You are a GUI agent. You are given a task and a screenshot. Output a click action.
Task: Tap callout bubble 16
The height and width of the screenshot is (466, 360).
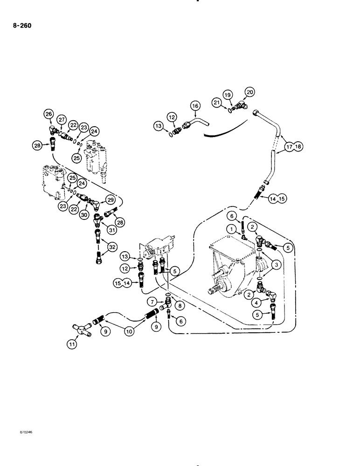point(195,106)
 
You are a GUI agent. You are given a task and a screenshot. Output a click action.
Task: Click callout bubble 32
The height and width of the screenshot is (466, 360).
point(112,248)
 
